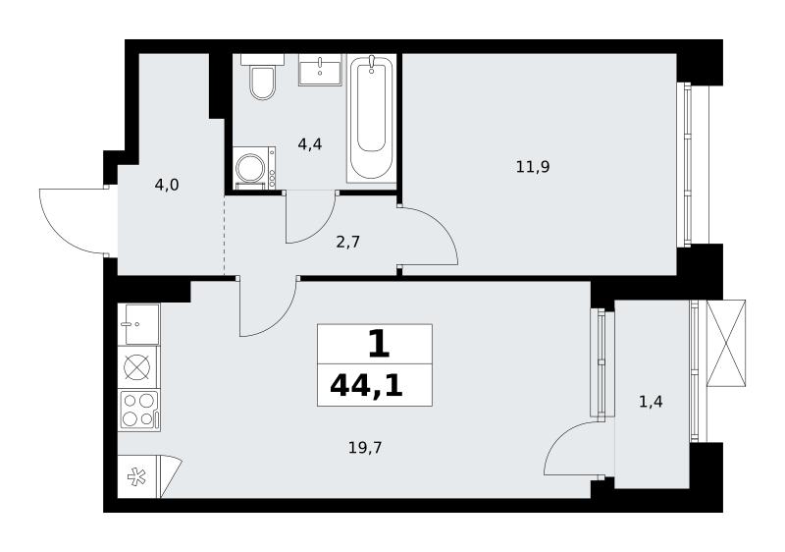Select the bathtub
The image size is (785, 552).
click(371, 119)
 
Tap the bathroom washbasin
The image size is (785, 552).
click(320, 70)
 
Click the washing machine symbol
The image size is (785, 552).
click(254, 168)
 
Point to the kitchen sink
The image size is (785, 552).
click(139, 324)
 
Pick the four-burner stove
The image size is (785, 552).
click(139, 411)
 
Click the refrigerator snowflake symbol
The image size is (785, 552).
click(136, 476)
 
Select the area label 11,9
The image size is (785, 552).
click(533, 166)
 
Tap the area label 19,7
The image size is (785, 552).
click(365, 447)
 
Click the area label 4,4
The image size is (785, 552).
click(309, 144)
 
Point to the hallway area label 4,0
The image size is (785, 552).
click(167, 185)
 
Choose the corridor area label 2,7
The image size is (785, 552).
click(348, 242)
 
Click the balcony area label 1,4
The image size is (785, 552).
click(651, 401)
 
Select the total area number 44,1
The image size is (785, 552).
click(366, 386)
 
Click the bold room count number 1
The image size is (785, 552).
click(379, 345)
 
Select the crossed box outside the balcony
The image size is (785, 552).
click(725, 343)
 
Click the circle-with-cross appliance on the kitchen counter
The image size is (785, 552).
click(137, 367)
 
